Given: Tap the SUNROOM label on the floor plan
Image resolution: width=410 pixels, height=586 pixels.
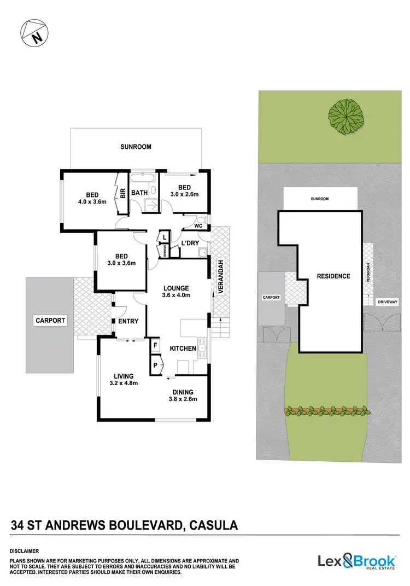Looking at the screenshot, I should point(136,147).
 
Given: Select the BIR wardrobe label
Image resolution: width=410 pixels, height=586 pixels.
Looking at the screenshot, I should point(123,193).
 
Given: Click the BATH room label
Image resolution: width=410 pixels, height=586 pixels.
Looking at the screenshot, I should point(140,193).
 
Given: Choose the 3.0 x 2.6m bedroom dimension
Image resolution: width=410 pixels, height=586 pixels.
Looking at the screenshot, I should point(184,194).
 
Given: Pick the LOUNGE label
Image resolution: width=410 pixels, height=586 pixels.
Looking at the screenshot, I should point(176,288).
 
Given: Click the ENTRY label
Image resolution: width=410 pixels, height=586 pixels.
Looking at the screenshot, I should point(128,321).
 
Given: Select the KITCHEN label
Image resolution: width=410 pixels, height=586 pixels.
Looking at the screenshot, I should point(183,349).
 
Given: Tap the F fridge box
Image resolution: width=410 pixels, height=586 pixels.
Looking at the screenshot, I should point(155,346).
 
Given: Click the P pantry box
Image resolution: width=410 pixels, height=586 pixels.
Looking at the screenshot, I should point(155,365).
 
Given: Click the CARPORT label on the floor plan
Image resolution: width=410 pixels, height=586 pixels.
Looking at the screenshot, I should point(50,321).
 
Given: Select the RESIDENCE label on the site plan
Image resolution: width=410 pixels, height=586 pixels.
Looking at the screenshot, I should point(333,276).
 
